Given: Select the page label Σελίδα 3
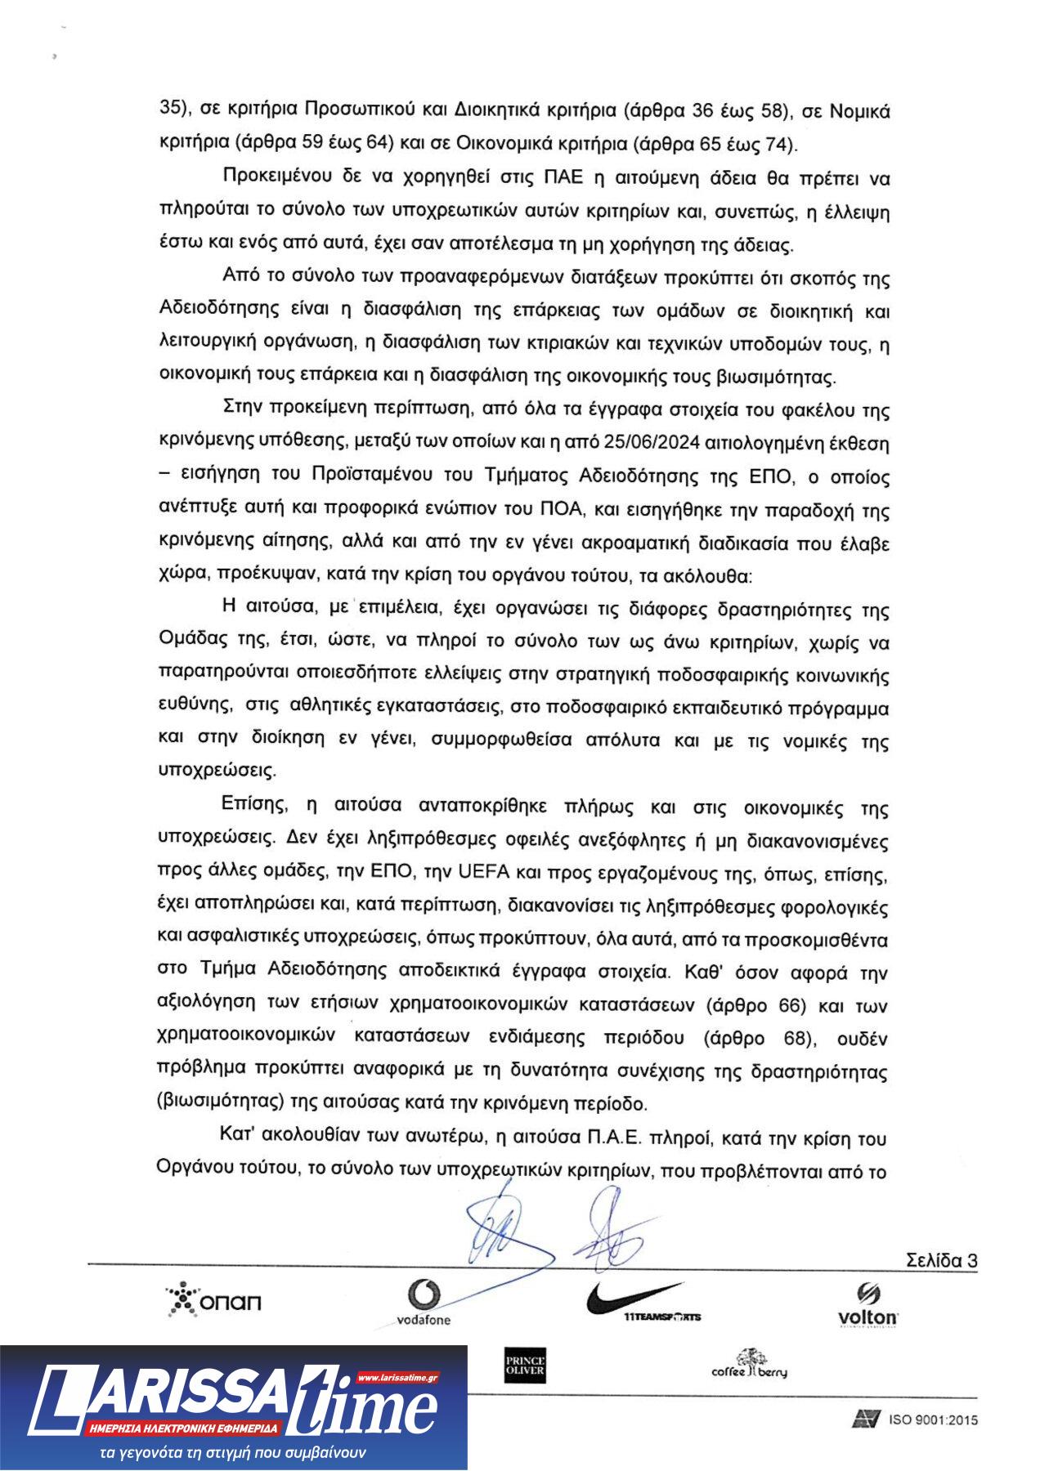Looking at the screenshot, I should pos(941,1259).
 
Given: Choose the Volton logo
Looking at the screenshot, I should pos(867,1304).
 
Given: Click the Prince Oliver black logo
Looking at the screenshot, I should pos(525,1365).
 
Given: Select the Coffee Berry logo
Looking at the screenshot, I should pos(750,1364).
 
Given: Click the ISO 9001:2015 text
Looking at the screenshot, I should pos(933,1420).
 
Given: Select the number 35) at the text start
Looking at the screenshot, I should pos(174,109).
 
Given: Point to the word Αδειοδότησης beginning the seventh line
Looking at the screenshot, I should pos(216,311).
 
